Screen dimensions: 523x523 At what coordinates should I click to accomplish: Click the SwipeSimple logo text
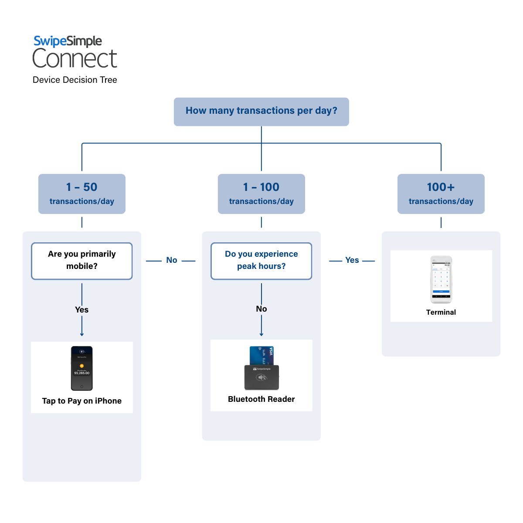coord(68,41)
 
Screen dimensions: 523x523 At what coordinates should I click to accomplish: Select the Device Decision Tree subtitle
coord(75,80)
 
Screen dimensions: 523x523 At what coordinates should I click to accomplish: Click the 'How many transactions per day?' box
coord(261,112)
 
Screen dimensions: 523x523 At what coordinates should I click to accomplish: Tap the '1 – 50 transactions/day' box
coord(82,194)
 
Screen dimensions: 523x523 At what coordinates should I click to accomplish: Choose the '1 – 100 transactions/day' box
coord(261,194)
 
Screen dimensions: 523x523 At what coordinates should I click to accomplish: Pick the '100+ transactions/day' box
coord(441,194)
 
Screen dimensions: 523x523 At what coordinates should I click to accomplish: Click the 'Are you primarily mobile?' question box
coord(82,261)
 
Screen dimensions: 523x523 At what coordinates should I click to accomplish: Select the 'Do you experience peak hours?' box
coord(261,261)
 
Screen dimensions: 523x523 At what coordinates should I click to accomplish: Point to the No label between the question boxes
coord(172,260)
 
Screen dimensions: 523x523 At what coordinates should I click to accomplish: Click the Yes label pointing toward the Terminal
coord(352,260)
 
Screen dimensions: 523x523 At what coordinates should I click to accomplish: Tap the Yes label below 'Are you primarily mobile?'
coord(82,310)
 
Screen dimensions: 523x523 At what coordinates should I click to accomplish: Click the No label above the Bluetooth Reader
coord(261,309)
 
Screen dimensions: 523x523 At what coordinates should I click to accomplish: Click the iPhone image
coord(82,368)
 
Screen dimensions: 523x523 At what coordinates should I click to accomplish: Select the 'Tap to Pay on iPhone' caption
coord(82,401)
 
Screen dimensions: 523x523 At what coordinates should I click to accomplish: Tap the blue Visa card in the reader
coord(261,355)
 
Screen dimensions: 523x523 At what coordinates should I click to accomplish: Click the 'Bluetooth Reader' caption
coord(261,399)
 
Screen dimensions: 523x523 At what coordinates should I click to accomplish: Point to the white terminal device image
coord(441,279)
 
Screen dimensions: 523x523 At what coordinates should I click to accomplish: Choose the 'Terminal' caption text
coord(441,312)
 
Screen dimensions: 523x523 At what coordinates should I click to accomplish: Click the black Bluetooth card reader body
coord(261,377)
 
